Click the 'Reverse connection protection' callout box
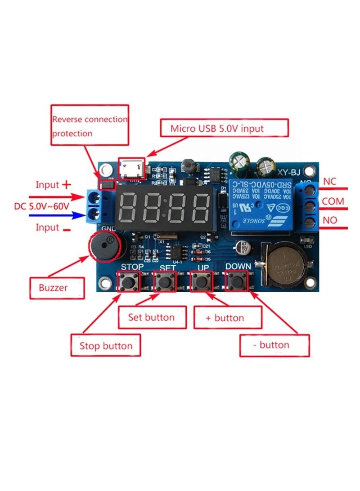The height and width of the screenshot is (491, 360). coord(90,125)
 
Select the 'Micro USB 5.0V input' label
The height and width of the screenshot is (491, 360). coord(224,128)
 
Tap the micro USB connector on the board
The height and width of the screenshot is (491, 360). coord(131,169)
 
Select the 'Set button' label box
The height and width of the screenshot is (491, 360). coord(152,317)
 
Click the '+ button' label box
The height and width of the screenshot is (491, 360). coord(227,317)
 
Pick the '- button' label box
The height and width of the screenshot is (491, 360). coord(274,345)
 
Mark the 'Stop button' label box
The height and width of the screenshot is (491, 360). coord(106,345)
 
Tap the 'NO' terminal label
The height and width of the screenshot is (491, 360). coord(330,221)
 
